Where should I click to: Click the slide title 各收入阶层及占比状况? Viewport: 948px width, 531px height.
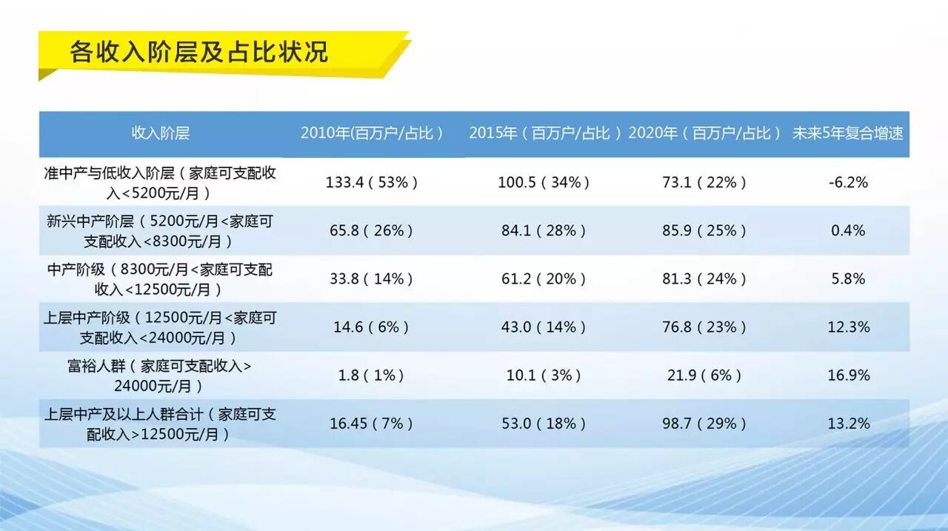198,52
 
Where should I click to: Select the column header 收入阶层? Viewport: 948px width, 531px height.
160,133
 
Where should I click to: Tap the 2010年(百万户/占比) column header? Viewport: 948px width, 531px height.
372,133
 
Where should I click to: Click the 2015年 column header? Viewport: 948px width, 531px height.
544,133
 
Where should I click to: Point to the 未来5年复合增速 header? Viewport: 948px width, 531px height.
848,133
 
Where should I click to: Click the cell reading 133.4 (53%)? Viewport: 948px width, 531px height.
372,182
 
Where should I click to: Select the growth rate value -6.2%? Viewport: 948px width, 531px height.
848,182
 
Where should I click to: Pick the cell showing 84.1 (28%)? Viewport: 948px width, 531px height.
544,230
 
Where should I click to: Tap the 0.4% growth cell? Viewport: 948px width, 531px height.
848,230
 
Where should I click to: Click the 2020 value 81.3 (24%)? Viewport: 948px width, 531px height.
704,279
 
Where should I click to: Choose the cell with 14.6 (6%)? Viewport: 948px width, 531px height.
371,327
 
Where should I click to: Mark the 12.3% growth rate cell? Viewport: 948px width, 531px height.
848,327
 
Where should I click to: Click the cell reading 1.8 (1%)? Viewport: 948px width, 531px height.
371,375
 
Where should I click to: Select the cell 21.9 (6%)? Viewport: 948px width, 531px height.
704,375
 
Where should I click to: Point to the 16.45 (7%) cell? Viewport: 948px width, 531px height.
371,424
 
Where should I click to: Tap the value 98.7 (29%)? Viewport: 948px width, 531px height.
704,424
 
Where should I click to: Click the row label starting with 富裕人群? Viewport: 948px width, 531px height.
160,375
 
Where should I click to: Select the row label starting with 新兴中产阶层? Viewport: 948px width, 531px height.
160,231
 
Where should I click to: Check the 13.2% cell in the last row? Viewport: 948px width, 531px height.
848,424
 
